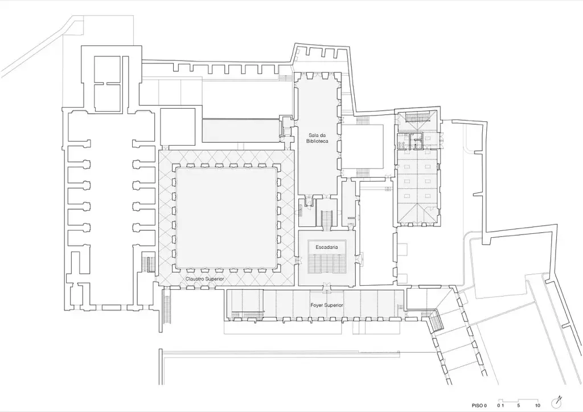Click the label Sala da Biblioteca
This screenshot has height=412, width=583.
[317, 138]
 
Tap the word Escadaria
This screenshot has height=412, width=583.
[326, 247]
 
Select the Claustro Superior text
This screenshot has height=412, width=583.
[205, 278]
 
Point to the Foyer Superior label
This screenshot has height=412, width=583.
[327, 306]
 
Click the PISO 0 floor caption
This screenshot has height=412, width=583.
[479, 406]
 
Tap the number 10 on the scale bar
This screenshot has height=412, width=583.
[537, 406]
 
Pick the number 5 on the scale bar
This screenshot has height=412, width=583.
[519, 406]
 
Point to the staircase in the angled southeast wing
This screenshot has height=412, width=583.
[436, 321]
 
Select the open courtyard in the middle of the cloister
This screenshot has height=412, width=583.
[227, 218]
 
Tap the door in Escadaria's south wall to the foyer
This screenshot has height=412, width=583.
[326, 285]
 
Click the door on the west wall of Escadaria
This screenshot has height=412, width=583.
[297, 261]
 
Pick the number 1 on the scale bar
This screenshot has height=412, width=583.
[503, 406]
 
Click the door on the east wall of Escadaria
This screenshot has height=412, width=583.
[358, 256]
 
